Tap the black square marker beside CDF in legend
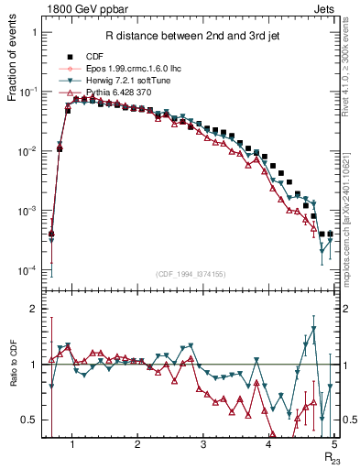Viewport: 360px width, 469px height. coord(69,55)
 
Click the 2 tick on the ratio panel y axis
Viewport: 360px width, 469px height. coord(34,310)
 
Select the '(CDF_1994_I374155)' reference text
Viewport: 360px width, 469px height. coord(191,274)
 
